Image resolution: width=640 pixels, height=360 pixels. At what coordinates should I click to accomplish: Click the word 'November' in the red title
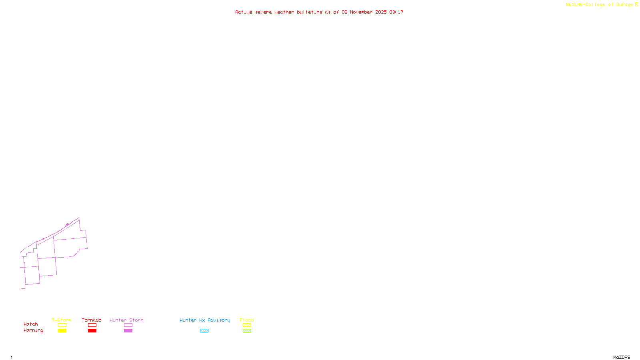click(x=361, y=12)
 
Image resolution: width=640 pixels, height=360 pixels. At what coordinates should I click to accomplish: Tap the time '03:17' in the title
click(x=396, y=12)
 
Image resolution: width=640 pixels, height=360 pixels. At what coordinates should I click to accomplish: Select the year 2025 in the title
click(x=381, y=12)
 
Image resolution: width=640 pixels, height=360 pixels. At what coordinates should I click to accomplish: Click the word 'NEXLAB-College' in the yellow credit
click(x=585, y=4)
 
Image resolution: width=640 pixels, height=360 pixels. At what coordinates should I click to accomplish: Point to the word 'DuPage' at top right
click(x=624, y=4)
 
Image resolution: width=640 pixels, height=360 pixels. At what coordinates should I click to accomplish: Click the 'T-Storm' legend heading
click(x=62, y=320)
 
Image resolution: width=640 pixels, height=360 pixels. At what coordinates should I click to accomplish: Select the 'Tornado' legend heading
click(x=92, y=320)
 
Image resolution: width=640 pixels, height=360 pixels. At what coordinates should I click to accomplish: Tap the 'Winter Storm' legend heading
click(x=126, y=320)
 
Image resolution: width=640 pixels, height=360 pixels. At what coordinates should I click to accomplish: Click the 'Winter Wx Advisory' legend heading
click(x=205, y=320)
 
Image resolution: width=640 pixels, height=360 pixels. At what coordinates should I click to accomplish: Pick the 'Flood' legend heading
click(x=247, y=320)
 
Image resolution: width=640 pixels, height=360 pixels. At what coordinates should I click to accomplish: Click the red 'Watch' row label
click(x=31, y=324)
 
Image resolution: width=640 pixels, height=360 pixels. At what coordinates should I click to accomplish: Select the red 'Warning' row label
click(x=34, y=330)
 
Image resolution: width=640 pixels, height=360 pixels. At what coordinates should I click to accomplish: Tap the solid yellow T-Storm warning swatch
click(x=62, y=331)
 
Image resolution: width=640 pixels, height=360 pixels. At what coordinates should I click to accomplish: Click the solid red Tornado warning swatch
click(x=92, y=331)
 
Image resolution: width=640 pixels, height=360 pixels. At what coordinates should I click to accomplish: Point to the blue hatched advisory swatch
click(x=204, y=331)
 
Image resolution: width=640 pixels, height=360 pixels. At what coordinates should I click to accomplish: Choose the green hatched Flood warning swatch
click(x=247, y=331)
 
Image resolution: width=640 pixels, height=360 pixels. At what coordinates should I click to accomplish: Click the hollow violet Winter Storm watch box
click(x=128, y=325)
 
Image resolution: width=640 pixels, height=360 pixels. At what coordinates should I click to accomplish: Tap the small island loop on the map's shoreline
click(x=67, y=224)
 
